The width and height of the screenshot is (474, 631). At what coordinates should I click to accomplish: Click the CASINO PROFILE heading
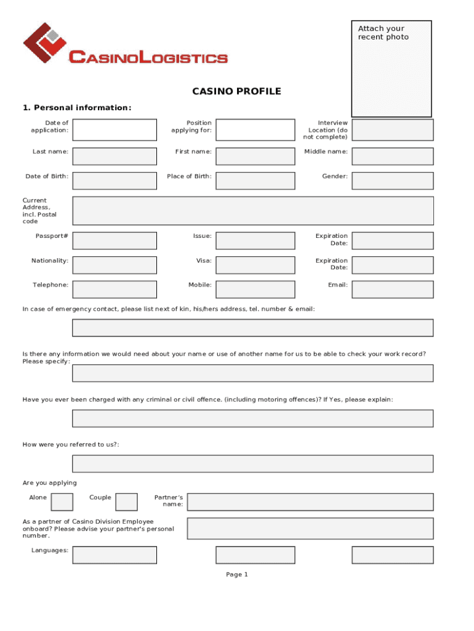[x=236, y=92]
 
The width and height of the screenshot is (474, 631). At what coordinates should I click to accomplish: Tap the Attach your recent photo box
[x=391, y=68]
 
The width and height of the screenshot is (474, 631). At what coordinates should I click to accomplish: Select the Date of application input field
[x=114, y=130]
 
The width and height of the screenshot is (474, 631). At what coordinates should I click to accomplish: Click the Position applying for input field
[x=255, y=130]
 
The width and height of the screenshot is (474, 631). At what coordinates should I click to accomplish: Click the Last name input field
[x=114, y=156]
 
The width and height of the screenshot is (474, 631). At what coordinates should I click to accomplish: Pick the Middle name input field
[x=393, y=156]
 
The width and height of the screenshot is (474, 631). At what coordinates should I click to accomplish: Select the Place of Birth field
[x=255, y=181]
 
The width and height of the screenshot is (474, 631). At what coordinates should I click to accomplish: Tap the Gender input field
[x=393, y=181]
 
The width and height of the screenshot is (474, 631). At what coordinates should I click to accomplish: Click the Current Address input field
[x=253, y=211]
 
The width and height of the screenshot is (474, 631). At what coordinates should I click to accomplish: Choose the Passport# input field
[x=114, y=240]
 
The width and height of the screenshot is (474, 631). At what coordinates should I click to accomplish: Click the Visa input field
[x=255, y=265]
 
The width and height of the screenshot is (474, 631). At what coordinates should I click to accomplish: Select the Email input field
[x=393, y=289]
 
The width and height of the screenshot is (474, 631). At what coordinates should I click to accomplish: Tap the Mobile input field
[x=255, y=289]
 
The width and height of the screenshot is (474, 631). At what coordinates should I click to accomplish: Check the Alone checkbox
[x=62, y=502]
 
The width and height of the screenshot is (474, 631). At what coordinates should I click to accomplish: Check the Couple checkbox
[x=127, y=502]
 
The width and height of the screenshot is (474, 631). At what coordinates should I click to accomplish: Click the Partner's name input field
[x=310, y=502]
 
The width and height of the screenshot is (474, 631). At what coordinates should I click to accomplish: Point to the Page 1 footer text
[x=237, y=575]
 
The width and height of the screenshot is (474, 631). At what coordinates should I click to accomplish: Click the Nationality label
[x=50, y=261]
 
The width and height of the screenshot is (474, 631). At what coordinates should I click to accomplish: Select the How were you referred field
[x=253, y=463]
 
